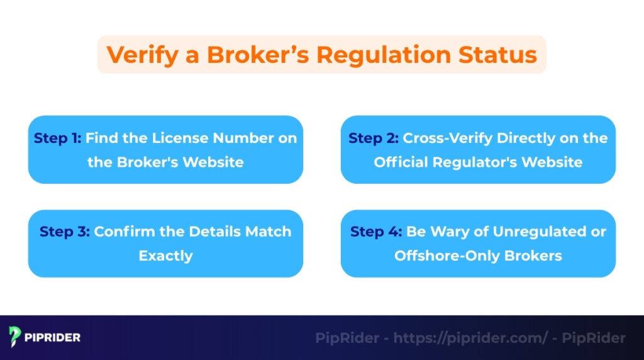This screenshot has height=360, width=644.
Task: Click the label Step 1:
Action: click(x=58, y=138)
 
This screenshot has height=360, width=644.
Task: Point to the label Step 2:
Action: click(x=374, y=138)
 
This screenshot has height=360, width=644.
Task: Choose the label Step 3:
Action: click(x=64, y=231)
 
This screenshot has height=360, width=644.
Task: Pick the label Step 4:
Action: click(x=375, y=231)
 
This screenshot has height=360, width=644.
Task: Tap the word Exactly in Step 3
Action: click(x=165, y=256)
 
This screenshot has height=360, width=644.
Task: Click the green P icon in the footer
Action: click(x=15, y=337)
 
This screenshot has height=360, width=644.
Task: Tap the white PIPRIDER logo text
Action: click(x=53, y=337)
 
